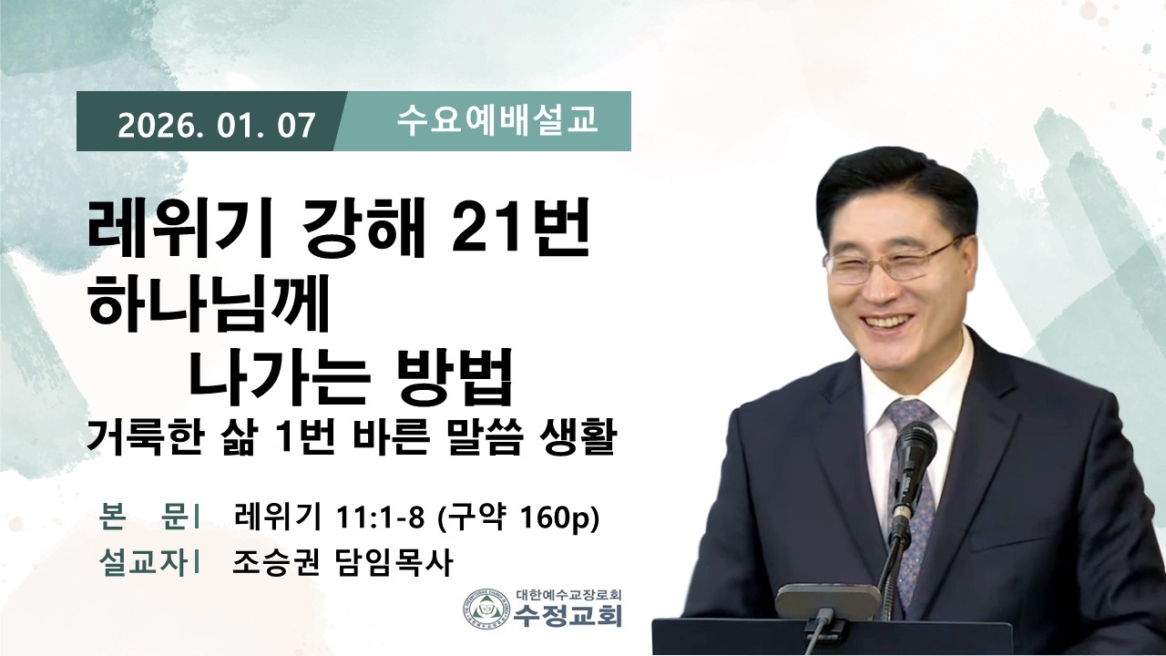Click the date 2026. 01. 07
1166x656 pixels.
pos(217,126)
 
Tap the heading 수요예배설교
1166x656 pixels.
pos(497,120)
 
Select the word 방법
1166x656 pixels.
pos(455,378)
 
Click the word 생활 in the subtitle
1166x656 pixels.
pos(575,439)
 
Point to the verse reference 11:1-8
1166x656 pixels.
pos(381,518)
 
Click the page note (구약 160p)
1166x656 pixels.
pos(518,518)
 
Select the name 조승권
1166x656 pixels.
pos(275,563)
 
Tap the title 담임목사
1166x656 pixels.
pos(392,563)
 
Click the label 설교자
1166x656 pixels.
pos(143,563)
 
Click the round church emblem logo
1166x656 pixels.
pos(486,607)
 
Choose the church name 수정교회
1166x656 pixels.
pos(568,615)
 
